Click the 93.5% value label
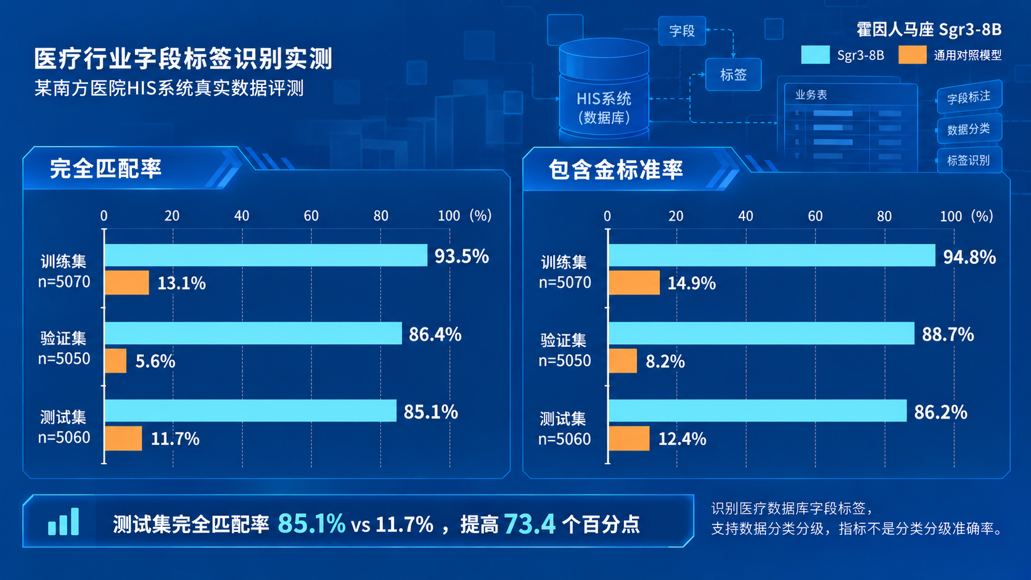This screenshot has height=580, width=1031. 462,256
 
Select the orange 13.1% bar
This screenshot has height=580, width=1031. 127,282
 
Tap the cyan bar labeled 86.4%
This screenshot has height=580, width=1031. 253,333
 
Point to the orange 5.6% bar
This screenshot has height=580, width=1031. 115,361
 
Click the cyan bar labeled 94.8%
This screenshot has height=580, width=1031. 772,255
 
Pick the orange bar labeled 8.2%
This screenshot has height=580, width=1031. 623,361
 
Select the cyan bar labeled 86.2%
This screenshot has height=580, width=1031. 758,410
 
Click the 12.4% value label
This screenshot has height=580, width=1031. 682,439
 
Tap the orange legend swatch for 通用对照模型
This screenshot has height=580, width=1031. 912,55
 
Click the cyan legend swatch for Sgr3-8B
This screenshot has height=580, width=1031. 815,55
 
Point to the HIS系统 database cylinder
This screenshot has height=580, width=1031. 604,90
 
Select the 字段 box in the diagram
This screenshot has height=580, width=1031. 682,31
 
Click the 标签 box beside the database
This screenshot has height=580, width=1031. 733,75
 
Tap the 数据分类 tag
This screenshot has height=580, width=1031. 969,129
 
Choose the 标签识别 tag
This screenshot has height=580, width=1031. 969,160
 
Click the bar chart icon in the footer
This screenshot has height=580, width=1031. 64,521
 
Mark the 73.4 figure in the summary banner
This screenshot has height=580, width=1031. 530,524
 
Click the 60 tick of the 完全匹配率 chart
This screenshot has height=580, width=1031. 311,216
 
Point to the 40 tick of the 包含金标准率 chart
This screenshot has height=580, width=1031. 746,216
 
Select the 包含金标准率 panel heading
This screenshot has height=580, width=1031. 616,170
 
